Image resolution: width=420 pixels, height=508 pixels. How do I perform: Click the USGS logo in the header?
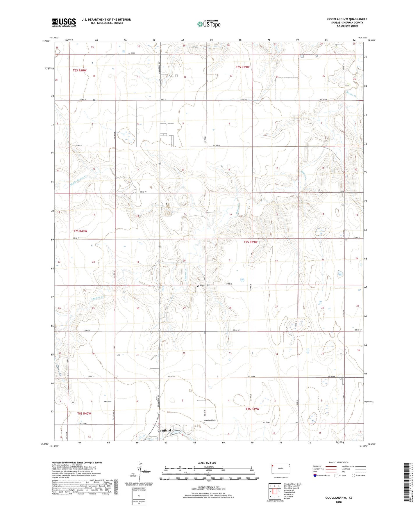(64, 22)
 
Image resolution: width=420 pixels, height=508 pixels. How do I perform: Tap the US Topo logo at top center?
(209, 24)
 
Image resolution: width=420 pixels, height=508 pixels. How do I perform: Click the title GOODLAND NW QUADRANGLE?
(347, 19)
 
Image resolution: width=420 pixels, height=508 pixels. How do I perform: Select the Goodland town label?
(164, 430)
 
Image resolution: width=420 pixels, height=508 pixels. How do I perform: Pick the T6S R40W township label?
(80, 70)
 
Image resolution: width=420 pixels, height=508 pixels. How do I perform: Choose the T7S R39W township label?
(251, 242)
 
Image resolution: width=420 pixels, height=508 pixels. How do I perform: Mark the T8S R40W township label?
(84, 413)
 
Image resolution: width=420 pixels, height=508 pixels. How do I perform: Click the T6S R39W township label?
(243, 67)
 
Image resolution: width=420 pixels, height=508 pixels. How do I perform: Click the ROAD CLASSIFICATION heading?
(339, 462)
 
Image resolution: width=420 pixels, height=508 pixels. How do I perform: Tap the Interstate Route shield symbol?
(315, 476)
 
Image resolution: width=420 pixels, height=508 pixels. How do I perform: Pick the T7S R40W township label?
(80, 231)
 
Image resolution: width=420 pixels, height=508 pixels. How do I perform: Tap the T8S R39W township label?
(252, 409)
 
